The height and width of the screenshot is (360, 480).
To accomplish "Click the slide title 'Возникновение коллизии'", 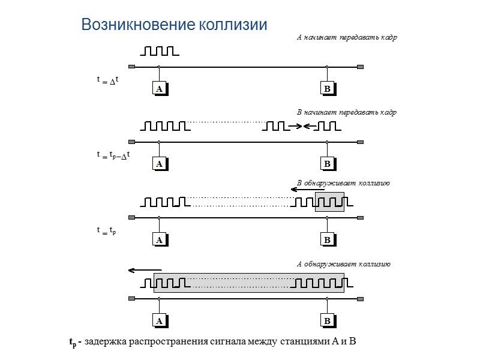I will pyautogui.click(x=174, y=25).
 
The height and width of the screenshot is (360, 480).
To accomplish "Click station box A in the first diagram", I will pyautogui.click(x=159, y=89).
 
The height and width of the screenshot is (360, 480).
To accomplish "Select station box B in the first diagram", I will pyautogui.click(x=327, y=89).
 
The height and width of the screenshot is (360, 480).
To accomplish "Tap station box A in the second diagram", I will pyautogui.click(x=159, y=163).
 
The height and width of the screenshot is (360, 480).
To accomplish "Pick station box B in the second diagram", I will pyautogui.click(x=327, y=163).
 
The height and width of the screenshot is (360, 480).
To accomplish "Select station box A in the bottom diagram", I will pyautogui.click(x=159, y=321).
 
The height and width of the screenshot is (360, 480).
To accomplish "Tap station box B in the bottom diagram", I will pyautogui.click(x=327, y=321).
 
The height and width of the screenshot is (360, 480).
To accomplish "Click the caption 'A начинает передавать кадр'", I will pyautogui.click(x=347, y=37).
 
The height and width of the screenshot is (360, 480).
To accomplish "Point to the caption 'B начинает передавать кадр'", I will pyautogui.click(x=347, y=112).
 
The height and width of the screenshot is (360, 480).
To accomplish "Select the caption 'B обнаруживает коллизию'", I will pyautogui.click(x=344, y=183).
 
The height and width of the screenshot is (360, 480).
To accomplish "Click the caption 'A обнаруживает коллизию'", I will pyautogui.click(x=344, y=263).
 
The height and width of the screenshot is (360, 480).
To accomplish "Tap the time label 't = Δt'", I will pyautogui.click(x=108, y=80).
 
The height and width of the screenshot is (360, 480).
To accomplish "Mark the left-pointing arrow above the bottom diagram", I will pyautogui.click(x=145, y=270).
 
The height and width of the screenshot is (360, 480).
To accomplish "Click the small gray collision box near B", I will pyautogui.click(x=330, y=202).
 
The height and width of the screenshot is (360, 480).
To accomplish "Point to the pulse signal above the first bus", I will pyautogui.click(x=157, y=50).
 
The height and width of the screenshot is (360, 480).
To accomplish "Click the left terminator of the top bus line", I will pyautogui.click(x=132, y=67).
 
